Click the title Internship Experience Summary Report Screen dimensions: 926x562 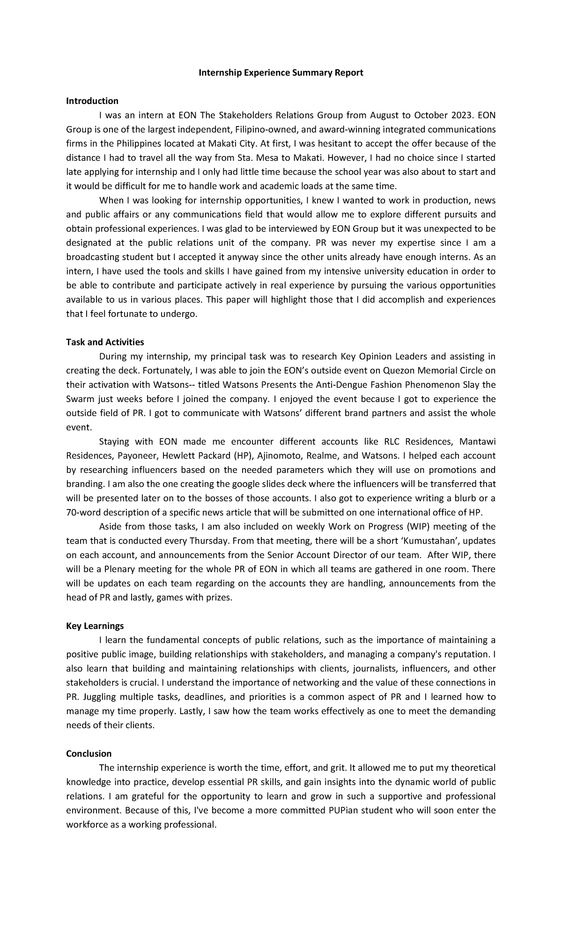[x=281, y=73]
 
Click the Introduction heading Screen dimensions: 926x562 [x=92, y=101]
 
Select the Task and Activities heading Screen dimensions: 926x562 [x=105, y=342]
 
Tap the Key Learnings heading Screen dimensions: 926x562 [x=95, y=626]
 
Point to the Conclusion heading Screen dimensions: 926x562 [x=89, y=754]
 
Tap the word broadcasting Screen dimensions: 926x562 [x=93, y=257]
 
